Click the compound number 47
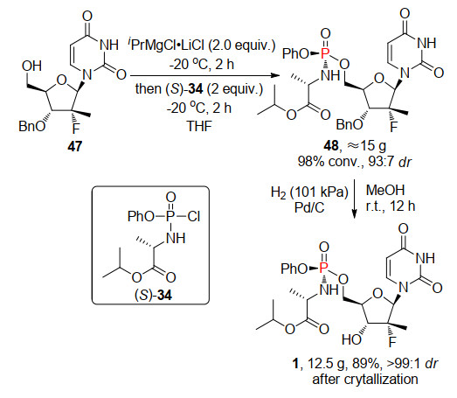point(75,145)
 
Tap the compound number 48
point(331,145)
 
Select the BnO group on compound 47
point(32,126)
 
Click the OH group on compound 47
point(31,66)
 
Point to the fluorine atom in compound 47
point(76,128)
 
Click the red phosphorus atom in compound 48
point(325,53)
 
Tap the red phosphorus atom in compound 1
point(323,268)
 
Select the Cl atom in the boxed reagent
point(193,216)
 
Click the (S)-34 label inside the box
point(153,296)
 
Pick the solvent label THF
point(199,126)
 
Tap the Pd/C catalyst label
point(309,207)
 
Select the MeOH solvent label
point(385,190)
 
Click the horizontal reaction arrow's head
point(274,75)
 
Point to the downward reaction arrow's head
point(354,215)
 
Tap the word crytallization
point(381,380)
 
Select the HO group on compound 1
point(352,339)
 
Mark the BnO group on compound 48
point(350,124)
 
